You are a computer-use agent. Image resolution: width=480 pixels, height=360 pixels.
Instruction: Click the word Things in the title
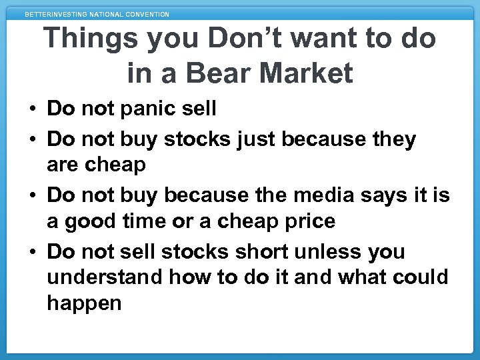(x=93, y=39)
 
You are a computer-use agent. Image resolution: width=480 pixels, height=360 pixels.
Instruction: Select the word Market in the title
(x=307, y=73)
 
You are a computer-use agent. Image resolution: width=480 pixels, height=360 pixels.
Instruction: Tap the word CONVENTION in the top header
(x=145, y=14)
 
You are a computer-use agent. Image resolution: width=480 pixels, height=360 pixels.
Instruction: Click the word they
(x=393, y=139)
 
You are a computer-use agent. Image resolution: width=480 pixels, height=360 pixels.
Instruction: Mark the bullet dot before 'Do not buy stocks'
(x=33, y=140)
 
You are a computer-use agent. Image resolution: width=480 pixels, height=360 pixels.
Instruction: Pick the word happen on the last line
(x=84, y=303)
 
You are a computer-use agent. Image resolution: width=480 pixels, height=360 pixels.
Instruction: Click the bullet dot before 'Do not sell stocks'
(x=33, y=252)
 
